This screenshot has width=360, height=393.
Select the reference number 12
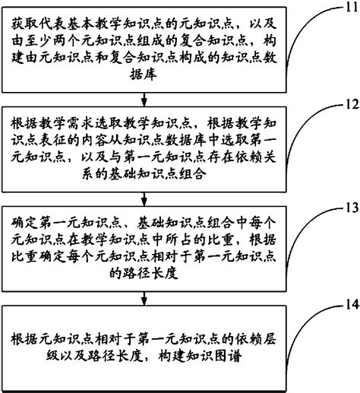click(x=345, y=103)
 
